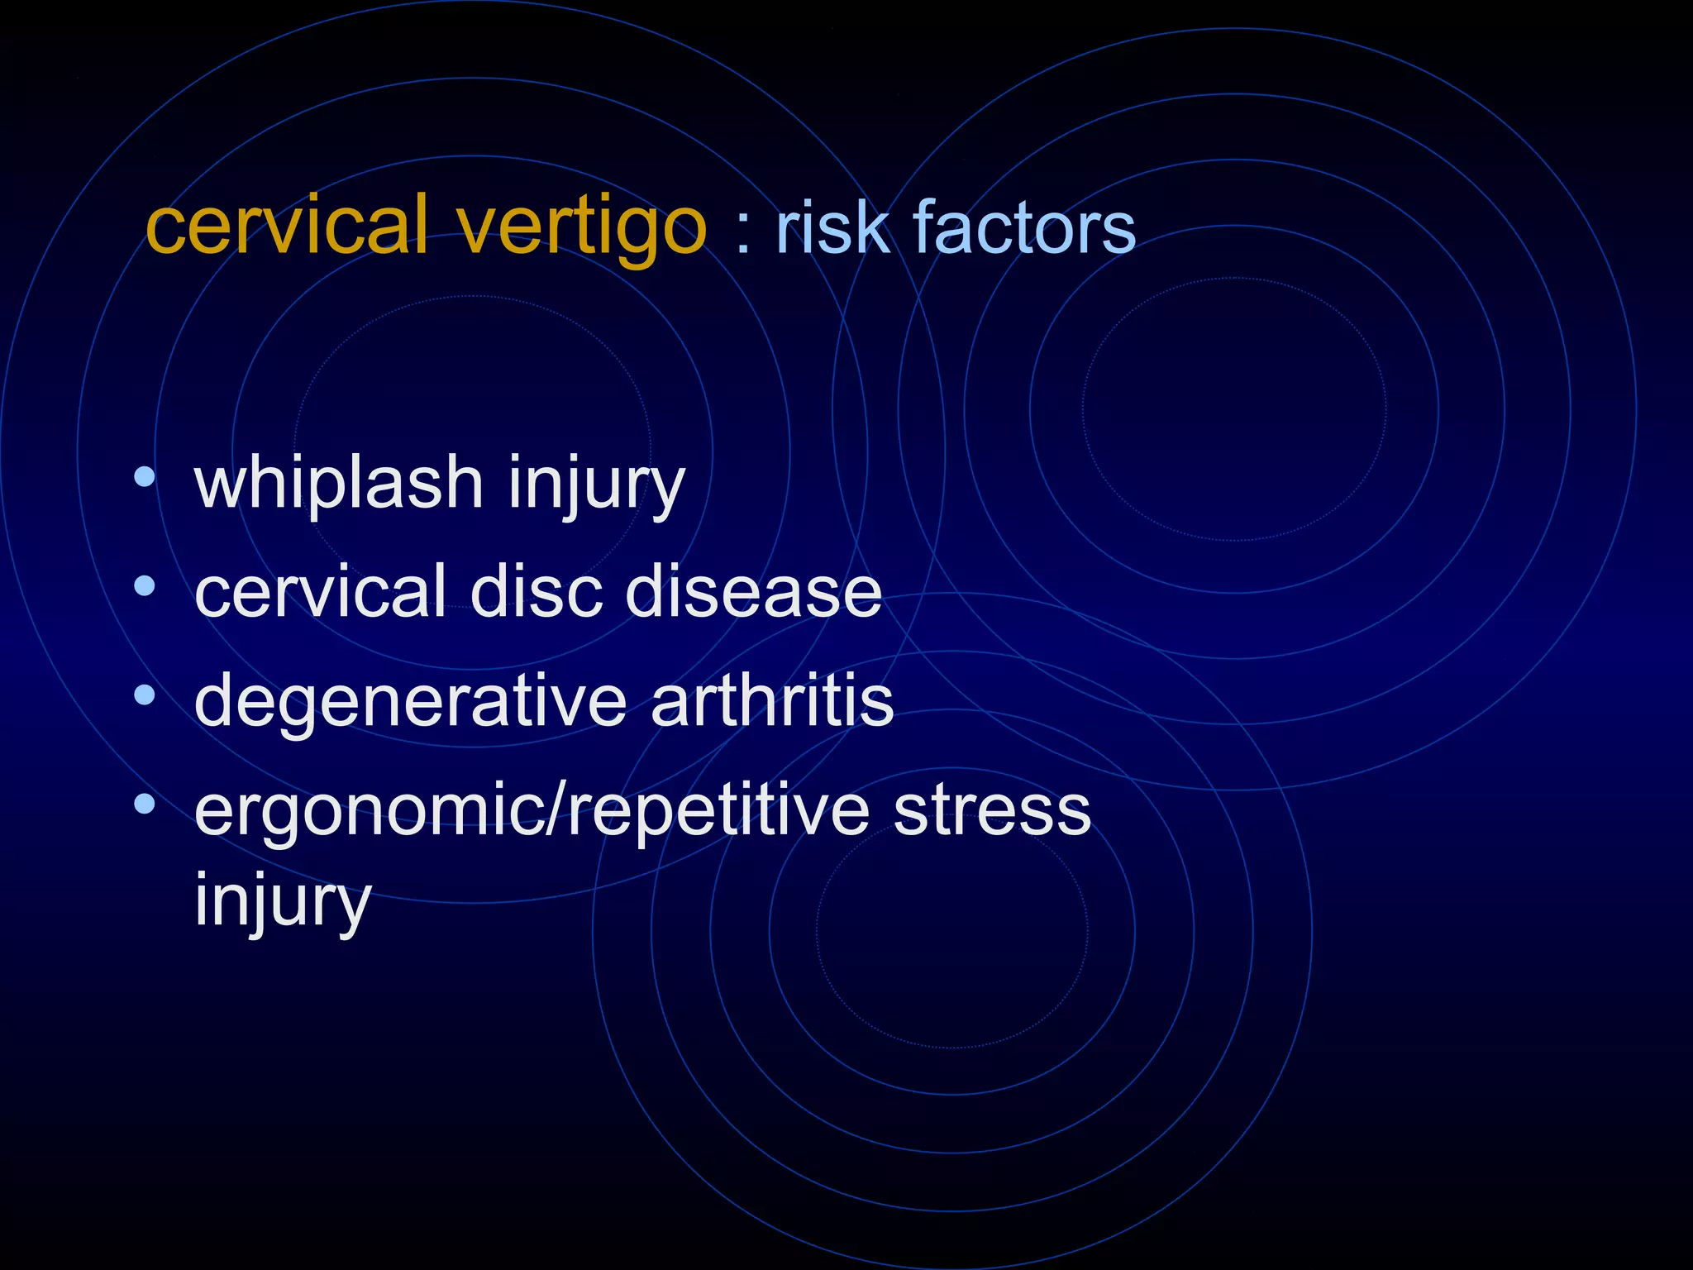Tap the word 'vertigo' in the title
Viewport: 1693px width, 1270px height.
pyautogui.click(x=582, y=227)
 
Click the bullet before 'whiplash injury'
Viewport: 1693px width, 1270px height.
pyautogui.click(x=145, y=477)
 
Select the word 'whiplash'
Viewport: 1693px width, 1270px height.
pyautogui.click(x=339, y=485)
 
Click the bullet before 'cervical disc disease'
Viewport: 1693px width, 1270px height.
pyautogui.click(x=145, y=586)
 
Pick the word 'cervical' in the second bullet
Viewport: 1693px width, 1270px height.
pyautogui.click(x=321, y=591)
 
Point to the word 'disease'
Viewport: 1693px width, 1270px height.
pyautogui.click(x=753, y=591)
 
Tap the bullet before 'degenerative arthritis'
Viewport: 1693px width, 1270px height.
pyautogui.click(x=145, y=695)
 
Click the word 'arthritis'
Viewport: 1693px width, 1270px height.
pyautogui.click(x=772, y=700)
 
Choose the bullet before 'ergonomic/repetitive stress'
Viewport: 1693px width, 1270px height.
pyautogui.click(x=145, y=804)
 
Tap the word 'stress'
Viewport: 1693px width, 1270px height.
pyautogui.click(x=992, y=811)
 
